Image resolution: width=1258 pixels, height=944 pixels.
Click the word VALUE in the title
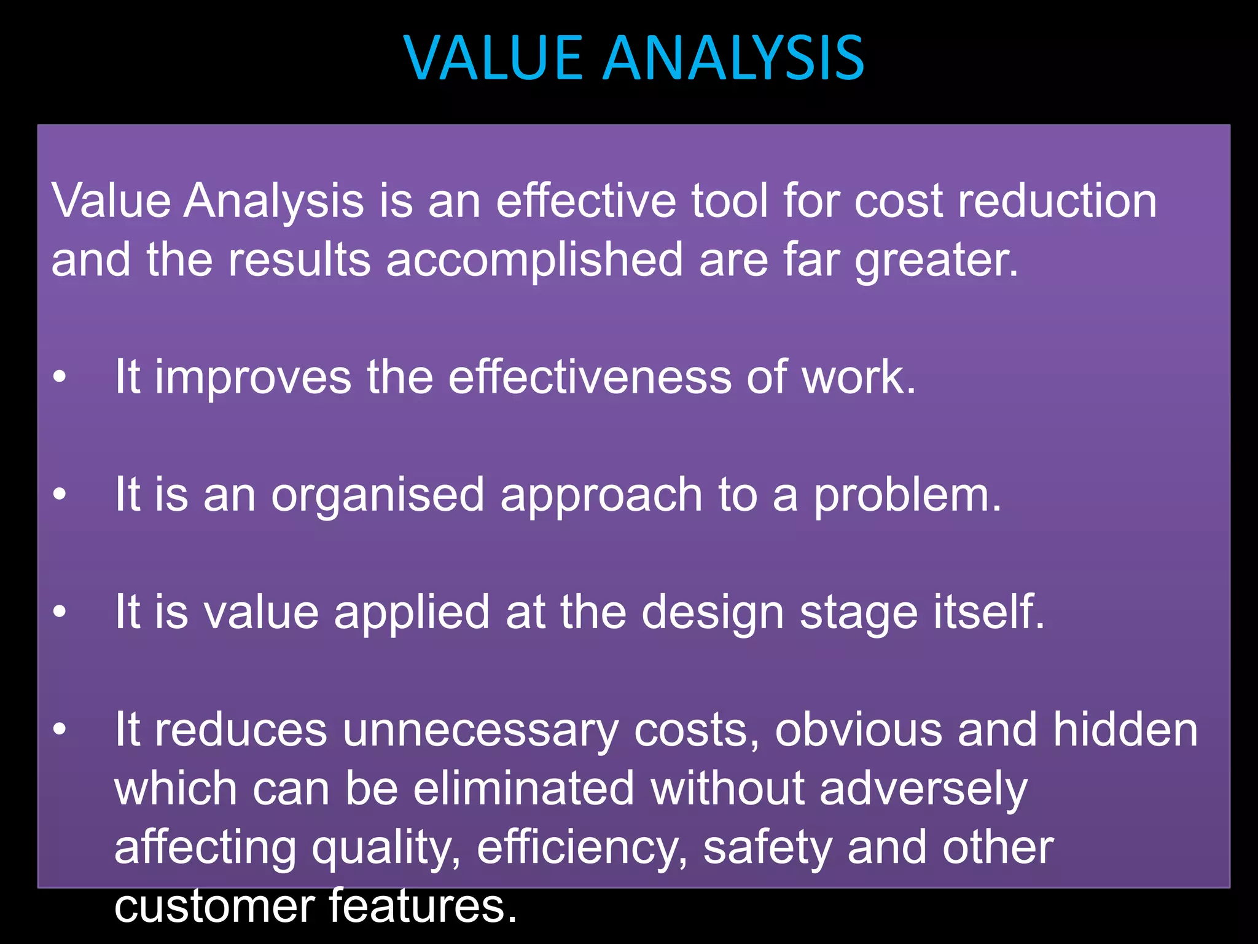tap(493, 58)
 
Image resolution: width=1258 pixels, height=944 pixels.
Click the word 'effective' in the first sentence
tap(585, 201)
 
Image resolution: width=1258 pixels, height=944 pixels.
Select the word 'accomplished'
tap(534, 260)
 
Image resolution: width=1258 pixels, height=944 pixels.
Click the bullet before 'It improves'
tap(59, 377)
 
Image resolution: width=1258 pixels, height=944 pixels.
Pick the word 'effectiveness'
tap(590, 377)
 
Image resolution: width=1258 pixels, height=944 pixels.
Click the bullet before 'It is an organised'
tap(59, 495)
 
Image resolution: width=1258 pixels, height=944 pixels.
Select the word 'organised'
tap(378, 495)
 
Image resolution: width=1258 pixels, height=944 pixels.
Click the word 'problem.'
tap(907, 495)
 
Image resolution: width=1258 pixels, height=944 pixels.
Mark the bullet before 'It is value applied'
tap(59, 612)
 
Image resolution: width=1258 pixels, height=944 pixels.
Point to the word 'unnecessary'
tap(480, 731)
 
